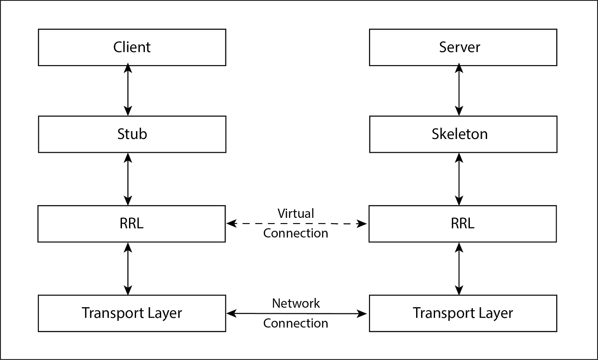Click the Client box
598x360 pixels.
pyautogui.click(x=132, y=47)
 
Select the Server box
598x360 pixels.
pyautogui.click(x=463, y=47)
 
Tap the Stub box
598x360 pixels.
pyautogui.click(x=132, y=134)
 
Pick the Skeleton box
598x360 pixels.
pyautogui.click(x=463, y=134)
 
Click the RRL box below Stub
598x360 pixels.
pyautogui.click(x=132, y=224)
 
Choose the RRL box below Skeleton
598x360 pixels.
pyautogui.click(x=462, y=224)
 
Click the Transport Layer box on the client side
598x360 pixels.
pyautogui.click(x=132, y=313)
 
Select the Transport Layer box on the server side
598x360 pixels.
pyautogui.click(x=463, y=313)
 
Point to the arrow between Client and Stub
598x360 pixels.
pyautogui.click(x=128, y=90)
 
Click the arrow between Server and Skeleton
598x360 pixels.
pyautogui.click(x=459, y=90)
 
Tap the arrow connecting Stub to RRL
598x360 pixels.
pyautogui.click(x=128, y=179)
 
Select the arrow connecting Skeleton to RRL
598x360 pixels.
pyautogui.click(x=459, y=179)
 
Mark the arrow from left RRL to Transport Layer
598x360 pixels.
pyautogui.click(x=128, y=268)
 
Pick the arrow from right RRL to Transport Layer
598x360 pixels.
pyautogui.click(x=459, y=268)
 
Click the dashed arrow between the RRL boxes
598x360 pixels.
pyautogui.click(x=247, y=224)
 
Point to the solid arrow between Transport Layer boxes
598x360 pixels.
pyautogui.click(x=247, y=313)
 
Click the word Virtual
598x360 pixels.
pyautogui.click(x=296, y=213)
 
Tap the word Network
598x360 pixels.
pyautogui.click(x=296, y=303)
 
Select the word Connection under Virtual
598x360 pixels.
pyautogui.click(x=296, y=233)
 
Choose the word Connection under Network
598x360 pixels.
pyautogui.click(x=296, y=323)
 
